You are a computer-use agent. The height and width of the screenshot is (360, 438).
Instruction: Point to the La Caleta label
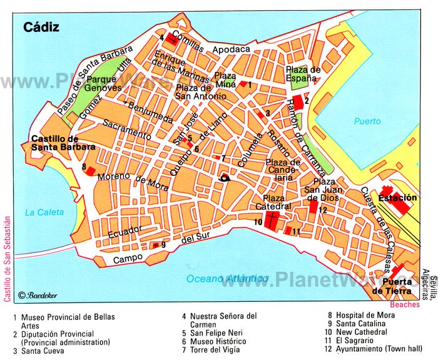click(x=44, y=212)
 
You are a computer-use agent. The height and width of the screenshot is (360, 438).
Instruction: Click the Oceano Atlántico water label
click(x=228, y=278)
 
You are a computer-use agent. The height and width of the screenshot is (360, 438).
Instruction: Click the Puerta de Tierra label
click(x=392, y=287)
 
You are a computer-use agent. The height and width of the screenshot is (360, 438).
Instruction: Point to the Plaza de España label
click(x=303, y=73)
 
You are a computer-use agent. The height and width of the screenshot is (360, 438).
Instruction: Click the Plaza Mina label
click(x=225, y=80)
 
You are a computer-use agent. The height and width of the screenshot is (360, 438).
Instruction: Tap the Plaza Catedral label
click(x=273, y=202)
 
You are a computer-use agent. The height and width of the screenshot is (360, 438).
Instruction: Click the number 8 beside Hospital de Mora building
click(x=83, y=167)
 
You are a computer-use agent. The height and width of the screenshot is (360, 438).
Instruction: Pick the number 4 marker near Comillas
click(x=161, y=38)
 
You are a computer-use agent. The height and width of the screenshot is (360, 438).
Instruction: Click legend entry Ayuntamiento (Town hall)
click(x=369, y=350)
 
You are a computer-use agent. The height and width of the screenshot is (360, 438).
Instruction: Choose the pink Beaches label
click(x=395, y=303)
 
